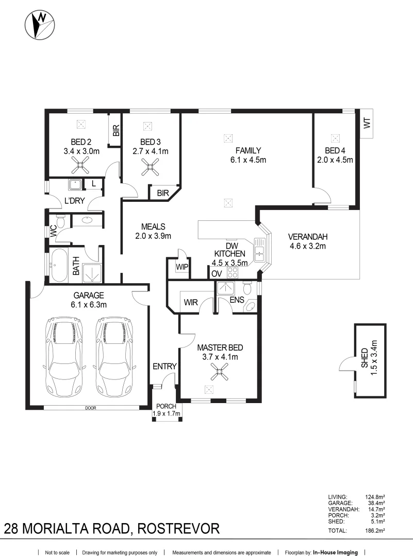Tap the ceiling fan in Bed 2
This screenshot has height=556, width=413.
coord(80,165)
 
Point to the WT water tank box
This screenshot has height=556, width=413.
coord(367,124)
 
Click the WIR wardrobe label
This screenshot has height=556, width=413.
coord(191,303)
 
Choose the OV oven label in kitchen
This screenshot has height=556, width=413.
coord(216,273)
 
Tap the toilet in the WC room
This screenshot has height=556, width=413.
coord(61,222)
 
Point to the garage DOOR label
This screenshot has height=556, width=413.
coord(91,408)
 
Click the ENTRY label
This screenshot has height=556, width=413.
coord(164,367)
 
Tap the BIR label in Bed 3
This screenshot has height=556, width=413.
coord(162,194)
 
